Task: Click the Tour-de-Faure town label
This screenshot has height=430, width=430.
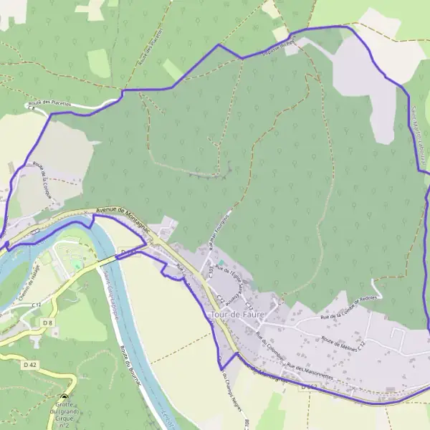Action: point(234,315)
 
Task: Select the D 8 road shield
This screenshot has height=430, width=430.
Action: point(47,323)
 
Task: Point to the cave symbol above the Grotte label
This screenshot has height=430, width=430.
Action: point(64,398)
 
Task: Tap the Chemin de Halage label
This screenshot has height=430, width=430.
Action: point(29,291)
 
